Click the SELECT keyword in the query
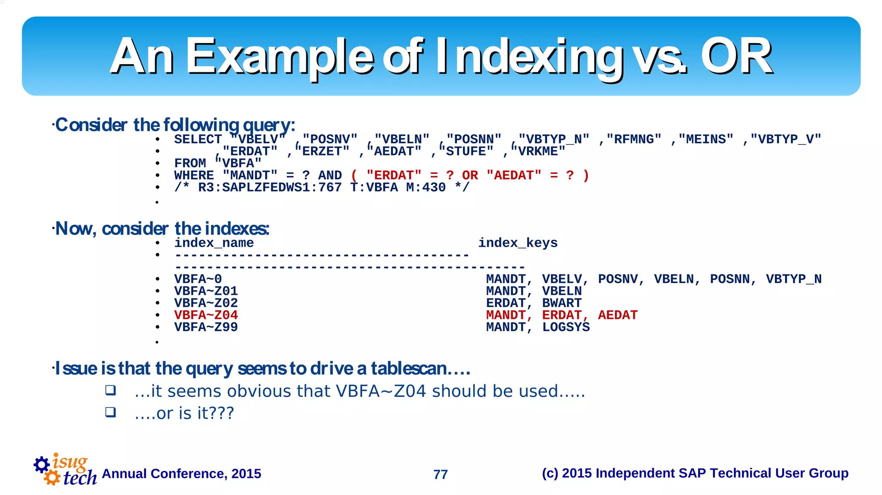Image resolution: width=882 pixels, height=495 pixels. (198, 139)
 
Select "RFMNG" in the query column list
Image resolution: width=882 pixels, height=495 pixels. (634, 139)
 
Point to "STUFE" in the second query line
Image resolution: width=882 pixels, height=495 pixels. (466, 152)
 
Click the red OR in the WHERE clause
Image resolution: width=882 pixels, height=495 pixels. (470, 176)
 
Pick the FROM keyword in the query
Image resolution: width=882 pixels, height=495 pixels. (190, 164)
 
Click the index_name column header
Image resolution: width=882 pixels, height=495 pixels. (214, 243)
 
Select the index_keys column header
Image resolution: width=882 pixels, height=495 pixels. (518, 243)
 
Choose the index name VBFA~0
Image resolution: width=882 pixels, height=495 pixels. (198, 279)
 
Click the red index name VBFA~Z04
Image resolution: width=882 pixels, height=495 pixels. (206, 315)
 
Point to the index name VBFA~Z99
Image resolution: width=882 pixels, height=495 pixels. (206, 327)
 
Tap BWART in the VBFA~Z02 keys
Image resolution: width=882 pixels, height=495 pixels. (562, 303)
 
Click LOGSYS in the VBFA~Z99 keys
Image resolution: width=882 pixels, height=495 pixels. (566, 327)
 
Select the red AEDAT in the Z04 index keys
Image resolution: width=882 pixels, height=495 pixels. (618, 315)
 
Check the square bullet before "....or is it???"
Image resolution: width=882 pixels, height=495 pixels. (111, 412)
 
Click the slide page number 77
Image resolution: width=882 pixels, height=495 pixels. (440, 474)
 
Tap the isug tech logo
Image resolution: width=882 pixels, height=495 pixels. (65, 470)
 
